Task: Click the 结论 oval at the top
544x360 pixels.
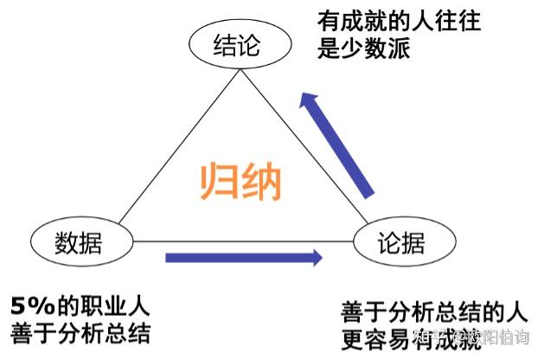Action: pyautogui.click(x=236, y=46)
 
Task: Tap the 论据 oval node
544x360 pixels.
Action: pyautogui.click(x=402, y=242)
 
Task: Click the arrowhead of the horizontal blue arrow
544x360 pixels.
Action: pyautogui.click(x=313, y=257)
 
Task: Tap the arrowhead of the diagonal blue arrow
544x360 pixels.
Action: pyautogui.click(x=309, y=102)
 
